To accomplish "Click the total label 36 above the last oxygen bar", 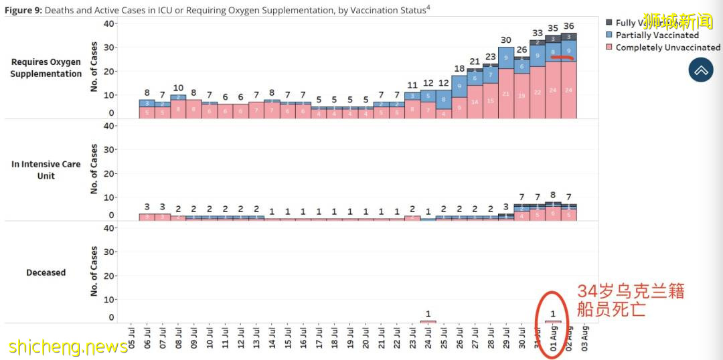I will [x=569, y=26].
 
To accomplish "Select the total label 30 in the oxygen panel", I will [x=506, y=40].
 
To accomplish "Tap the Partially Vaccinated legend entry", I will [x=656, y=35].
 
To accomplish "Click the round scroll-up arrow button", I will [x=701, y=70].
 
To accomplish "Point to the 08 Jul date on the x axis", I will [x=178, y=337].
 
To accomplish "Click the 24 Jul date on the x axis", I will [x=428, y=337].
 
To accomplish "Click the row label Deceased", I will [x=46, y=272].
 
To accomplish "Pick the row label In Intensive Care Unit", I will [x=46, y=170].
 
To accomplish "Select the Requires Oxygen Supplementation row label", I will [x=46, y=68].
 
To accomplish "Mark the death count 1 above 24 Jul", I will [x=428, y=314].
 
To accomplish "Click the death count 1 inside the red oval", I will [x=553, y=314].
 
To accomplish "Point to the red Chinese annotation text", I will [x=630, y=300].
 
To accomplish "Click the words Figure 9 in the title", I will [x=23, y=10].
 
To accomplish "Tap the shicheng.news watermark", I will [x=69, y=347].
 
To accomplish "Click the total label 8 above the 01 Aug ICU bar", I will [x=553, y=195].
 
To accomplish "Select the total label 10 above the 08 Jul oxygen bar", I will [x=178, y=88].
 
